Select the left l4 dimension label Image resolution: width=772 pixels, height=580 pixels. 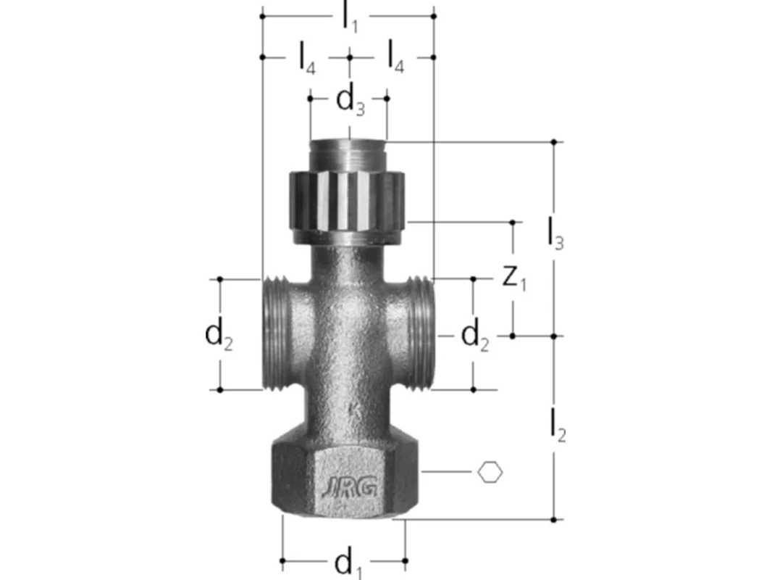308,58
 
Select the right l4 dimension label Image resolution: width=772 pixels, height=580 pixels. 396,57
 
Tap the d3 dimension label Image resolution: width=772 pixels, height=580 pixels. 350,102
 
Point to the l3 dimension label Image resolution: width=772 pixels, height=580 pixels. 556,234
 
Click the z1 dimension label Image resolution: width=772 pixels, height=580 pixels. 514,278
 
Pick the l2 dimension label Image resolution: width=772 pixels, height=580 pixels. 558,426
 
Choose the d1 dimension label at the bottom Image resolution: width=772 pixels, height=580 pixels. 348,564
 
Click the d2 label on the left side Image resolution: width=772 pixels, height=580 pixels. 219,336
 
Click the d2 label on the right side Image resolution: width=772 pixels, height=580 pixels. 474,336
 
